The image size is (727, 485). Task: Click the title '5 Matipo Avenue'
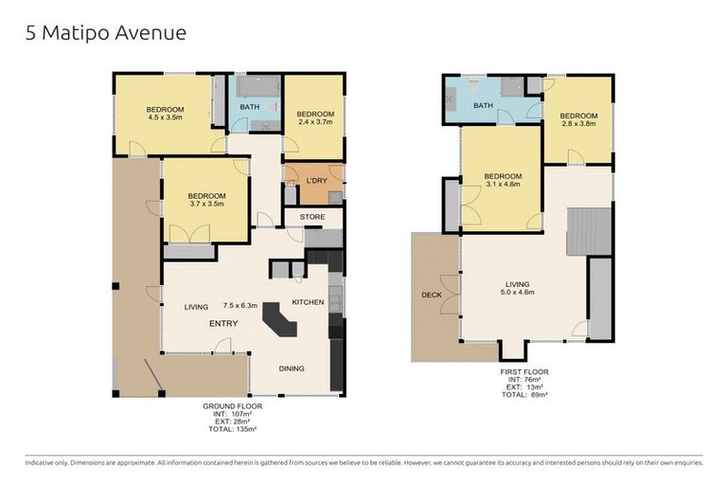pyautogui.click(x=106, y=33)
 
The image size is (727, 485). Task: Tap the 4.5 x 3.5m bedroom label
pyautogui.click(x=165, y=114)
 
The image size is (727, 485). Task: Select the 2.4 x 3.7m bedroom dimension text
pyautogui.click(x=315, y=122)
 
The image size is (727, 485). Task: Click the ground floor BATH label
pyautogui.click(x=250, y=107)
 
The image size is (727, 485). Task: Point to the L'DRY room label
pyautogui.click(x=317, y=181)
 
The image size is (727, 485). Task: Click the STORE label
pyautogui.click(x=312, y=217)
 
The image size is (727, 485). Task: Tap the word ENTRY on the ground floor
pyautogui.click(x=223, y=323)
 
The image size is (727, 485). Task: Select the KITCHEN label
pyautogui.click(x=308, y=302)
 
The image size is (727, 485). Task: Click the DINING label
pyautogui.click(x=292, y=368)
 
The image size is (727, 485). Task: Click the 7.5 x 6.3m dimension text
pyautogui.click(x=239, y=305)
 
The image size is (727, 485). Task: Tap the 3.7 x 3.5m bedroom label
pyautogui.click(x=206, y=200)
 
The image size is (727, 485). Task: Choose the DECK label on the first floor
pyautogui.click(x=432, y=296)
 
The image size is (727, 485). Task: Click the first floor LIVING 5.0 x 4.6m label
pyautogui.click(x=518, y=288)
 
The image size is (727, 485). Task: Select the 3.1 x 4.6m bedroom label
pyautogui.click(x=503, y=180)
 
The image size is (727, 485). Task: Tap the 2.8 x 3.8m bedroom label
pyautogui.click(x=578, y=119)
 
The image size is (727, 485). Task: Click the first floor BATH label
pyautogui.click(x=483, y=105)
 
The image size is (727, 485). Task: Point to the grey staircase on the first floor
pyautogui.click(x=589, y=231)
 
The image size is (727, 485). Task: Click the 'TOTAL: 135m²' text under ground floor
pyautogui.click(x=232, y=429)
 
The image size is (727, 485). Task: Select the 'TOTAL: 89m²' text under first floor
pyautogui.click(x=524, y=394)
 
